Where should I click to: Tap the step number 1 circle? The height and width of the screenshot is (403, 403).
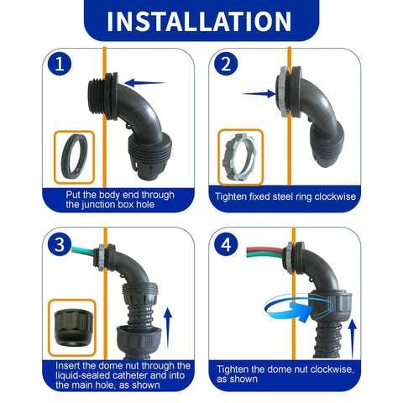coord(58,65)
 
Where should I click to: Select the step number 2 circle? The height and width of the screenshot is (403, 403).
coord(225,65)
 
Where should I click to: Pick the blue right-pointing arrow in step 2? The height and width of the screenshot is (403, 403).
coord(254,94)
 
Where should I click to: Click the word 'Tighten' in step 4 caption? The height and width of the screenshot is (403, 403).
coord(236,369)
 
